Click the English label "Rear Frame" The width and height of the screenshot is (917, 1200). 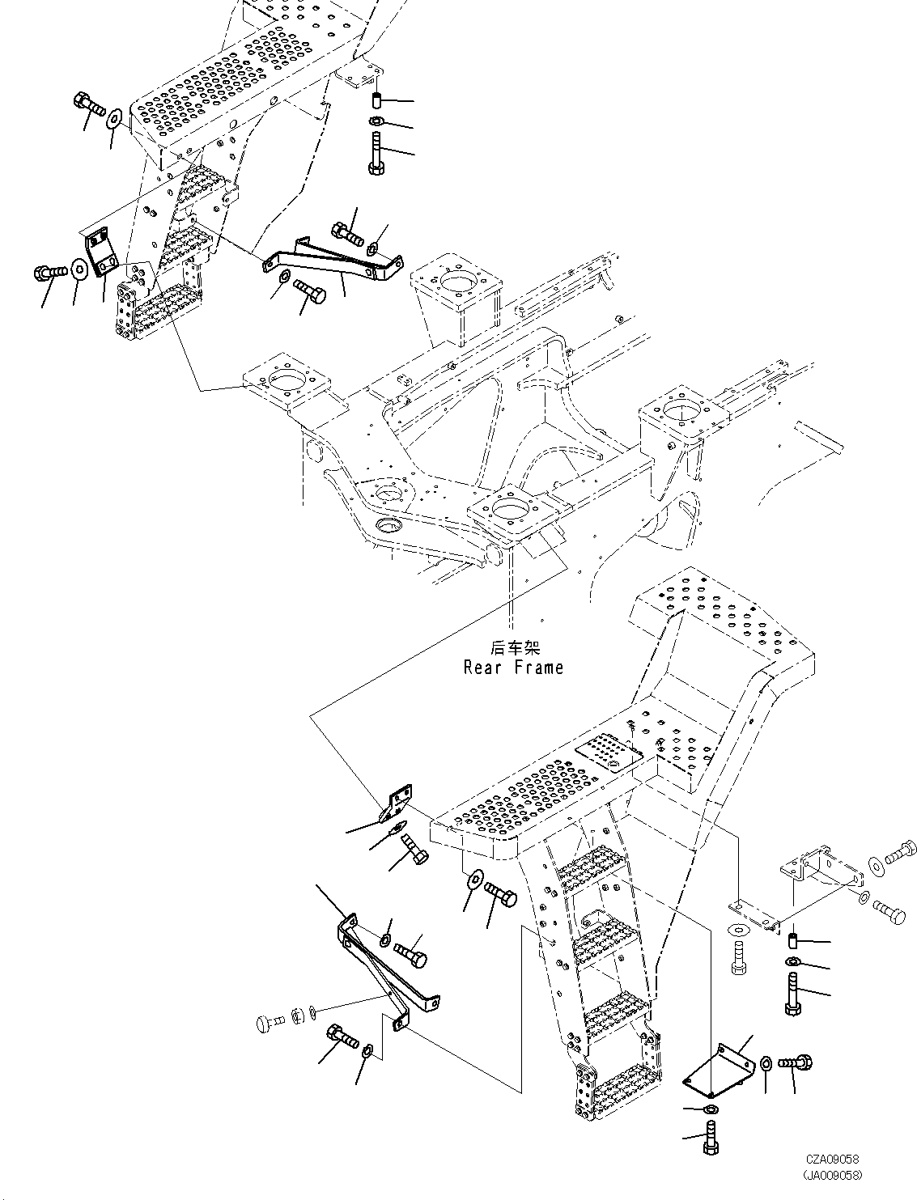(x=513, y=668)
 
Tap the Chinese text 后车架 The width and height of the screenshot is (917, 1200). (x=515, y=648)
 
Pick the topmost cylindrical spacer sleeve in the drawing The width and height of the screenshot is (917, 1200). (x=376, y=101)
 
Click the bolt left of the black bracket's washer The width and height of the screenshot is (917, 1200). (x=51, y=271)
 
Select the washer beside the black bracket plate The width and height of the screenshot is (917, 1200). (x=80, y=269)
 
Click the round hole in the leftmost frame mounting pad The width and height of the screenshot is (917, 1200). (x=284, y=378)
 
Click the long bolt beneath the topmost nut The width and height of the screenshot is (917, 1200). (x=375, y=156)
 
